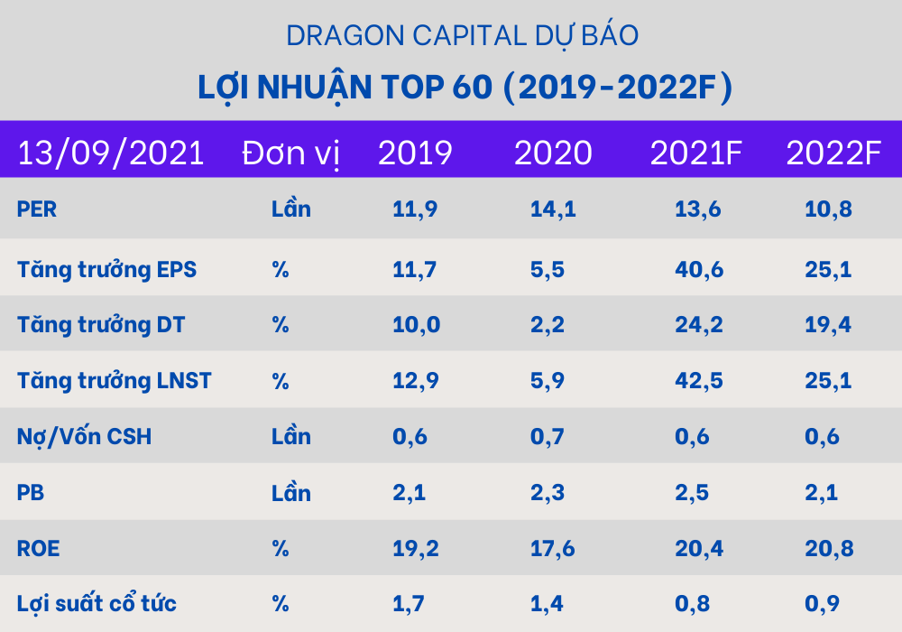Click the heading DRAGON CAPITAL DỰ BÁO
(x=462, y=35)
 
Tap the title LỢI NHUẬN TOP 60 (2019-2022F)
(x=465, y=88)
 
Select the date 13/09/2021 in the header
(x=111, y=153)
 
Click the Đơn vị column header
(x=290, y=153)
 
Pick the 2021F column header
(x=695, y=153)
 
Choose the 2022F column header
(x=833, y=153)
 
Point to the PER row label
(x=37, y=209)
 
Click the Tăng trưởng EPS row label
(x=106, y=269)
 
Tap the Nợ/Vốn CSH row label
(x=84, y=437)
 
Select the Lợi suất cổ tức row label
(x=97, y=604)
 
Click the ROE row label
(x=38, y=548)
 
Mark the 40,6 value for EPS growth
(x=698, y=269)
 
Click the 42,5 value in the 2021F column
(x=698, y=381)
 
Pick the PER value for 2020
(x=552, y=209)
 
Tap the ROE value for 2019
(x=415, y=548)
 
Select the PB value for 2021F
(x=692, y=493)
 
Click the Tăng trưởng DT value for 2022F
(x=828, y=325)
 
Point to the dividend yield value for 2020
(x=546, y=604)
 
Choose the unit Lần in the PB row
(x=290, y=493)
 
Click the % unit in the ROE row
(x=281, y=548)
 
